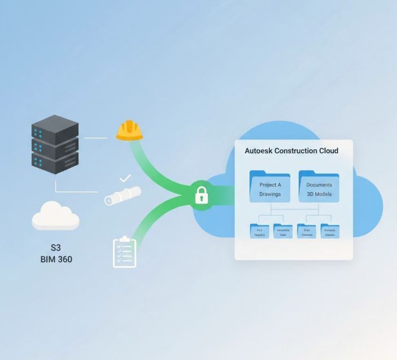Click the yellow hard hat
point(129,130)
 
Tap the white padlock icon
point(202,196)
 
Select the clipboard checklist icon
point(124,252)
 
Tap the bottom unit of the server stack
point(55,163)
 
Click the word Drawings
point(270,194)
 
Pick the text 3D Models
point(319,194)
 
